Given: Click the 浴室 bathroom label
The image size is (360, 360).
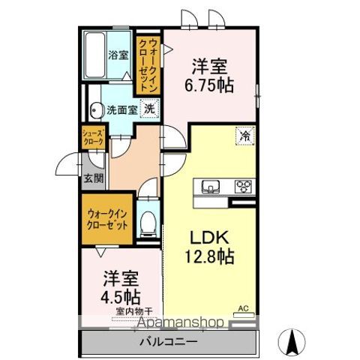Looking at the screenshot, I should (x=117, y=55).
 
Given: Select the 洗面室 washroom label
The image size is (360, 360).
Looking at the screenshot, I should (x=121, y=109).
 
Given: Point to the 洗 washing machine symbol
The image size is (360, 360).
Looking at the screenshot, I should (x=149, y=109).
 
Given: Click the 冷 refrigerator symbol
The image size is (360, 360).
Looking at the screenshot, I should (x=244, y=136).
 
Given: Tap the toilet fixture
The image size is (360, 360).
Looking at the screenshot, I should (x=148, y=222).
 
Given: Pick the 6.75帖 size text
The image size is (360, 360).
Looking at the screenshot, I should (x=210, y=84).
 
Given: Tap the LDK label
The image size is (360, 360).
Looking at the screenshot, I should (x=204, y=237).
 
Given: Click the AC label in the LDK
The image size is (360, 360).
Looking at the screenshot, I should (x=243, y=308).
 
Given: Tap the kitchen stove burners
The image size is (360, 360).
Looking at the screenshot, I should (x=244, y=186).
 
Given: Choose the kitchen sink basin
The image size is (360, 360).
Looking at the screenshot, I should (x=208, y=186).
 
